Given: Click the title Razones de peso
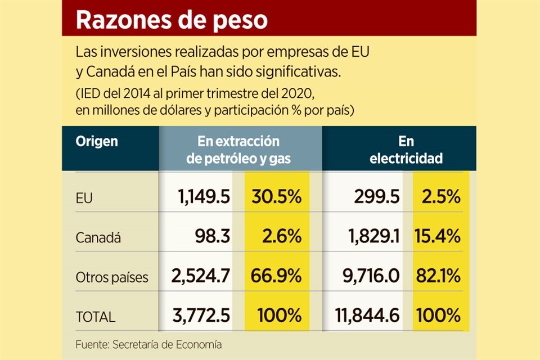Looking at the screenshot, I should point(172,20).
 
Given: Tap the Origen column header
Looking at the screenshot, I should point(97,141).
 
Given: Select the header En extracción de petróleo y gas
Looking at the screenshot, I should point(238,150).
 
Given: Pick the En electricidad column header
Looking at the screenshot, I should point(406,150).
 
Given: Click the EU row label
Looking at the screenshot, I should point(84,197).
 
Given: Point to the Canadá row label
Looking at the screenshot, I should point(98,238).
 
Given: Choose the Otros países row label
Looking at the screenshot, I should point(112,277).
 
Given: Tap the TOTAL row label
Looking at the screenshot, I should point(96,317).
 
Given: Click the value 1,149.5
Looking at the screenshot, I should point(204,197).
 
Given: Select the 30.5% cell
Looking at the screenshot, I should point(276,197).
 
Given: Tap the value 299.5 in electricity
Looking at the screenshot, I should point(377,197).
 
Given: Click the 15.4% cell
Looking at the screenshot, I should point(438,237).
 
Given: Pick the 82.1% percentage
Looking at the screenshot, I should point(438,276).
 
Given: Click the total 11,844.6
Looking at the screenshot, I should point(363,316).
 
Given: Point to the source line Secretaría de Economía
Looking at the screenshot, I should point(148,344).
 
